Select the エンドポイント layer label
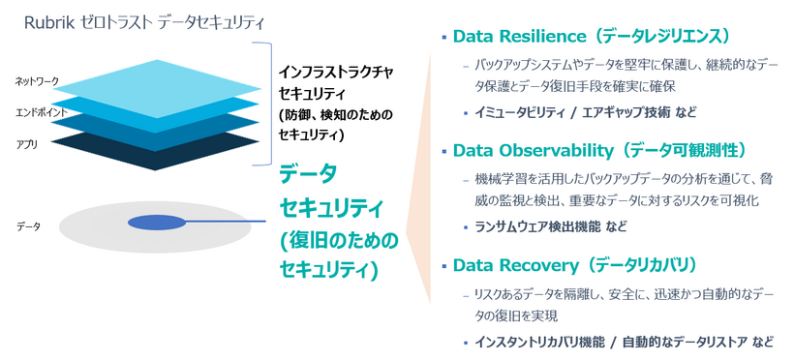(40, 112)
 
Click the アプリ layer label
(27, 143)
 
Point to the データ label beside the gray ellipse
(29, 225)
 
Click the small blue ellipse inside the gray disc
(156, 223)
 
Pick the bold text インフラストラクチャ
(335, 72)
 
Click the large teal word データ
(308, 175)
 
